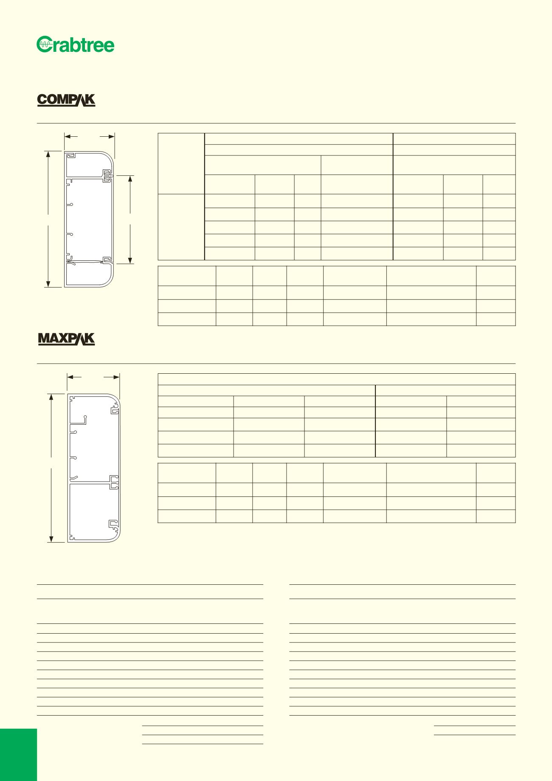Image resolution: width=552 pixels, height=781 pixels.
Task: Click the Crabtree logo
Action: point(76,45)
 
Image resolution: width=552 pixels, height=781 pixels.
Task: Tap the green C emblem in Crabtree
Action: point(44,45)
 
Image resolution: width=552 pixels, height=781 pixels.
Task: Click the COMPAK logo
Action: point(66,100)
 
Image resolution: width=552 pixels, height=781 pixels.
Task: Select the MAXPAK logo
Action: point(66,339)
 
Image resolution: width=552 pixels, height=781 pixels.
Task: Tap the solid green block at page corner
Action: point(18,755)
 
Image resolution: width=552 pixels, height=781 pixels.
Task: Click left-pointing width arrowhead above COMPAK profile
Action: point(67,136)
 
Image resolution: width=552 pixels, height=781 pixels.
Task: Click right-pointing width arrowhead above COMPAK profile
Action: point(112,136)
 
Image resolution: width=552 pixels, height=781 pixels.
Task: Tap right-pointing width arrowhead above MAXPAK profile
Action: point(117,377)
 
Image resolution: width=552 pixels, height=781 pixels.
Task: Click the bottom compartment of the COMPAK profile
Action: point(88,275)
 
